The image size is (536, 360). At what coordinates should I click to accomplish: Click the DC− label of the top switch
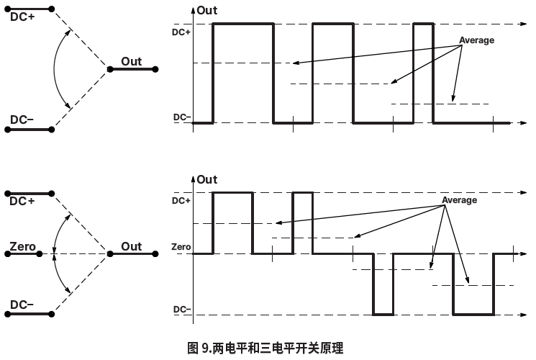(x=22, y=120)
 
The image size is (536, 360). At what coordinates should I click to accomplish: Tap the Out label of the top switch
(x=132, y=61)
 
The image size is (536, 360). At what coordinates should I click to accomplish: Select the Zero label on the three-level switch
(x=22, y=247)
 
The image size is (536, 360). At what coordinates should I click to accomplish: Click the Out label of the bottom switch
(x=132, y=246)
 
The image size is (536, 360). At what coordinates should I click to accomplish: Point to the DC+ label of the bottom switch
(x=22, y=201)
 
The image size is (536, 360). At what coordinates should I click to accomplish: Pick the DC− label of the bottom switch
(x=22, y=305)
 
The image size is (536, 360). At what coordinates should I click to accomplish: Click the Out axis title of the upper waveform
(x=206, y=11)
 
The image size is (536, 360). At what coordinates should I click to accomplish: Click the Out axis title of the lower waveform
(x=206, y=179)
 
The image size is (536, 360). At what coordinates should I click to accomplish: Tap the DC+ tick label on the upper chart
(x=181, y=32)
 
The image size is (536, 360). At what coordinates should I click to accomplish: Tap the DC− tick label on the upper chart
(x=182, y=117)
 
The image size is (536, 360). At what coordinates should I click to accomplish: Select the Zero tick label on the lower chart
(x=181, y=247)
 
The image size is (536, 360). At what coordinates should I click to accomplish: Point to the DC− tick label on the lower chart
(x=182, y=310)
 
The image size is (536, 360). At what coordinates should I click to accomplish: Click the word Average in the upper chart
(x=477, y=40)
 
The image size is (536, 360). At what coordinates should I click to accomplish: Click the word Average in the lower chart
(x=459, y=200)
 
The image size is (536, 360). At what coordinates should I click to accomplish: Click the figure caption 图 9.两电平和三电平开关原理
(x=265, y=349)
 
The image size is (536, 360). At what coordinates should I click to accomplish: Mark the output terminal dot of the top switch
(x=109, y=69)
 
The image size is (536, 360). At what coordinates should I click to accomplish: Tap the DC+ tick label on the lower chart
(x=181, y=200)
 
